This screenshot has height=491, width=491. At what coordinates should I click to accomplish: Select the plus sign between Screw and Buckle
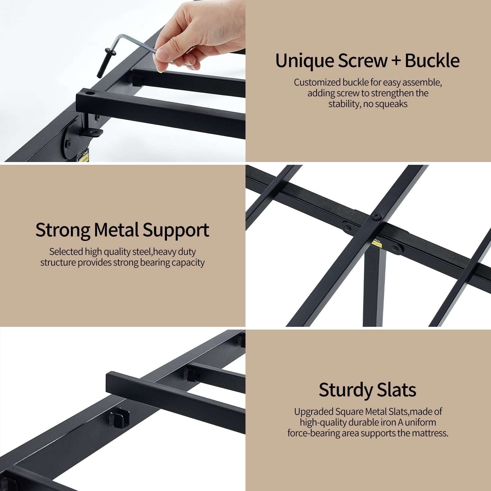pos(396,60)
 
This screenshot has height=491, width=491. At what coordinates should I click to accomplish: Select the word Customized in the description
pos(317,82)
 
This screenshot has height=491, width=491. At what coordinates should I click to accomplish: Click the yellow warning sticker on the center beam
pos(376,242)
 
